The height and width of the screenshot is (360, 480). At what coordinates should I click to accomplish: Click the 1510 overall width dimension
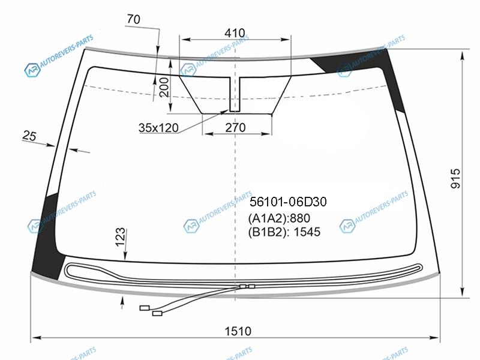coord(238,331)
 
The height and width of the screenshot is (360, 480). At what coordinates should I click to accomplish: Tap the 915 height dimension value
coord(456,178)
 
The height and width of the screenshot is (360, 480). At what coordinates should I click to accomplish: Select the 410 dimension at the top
coord(235,33)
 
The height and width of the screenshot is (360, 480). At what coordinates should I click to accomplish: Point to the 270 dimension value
coord(235,127)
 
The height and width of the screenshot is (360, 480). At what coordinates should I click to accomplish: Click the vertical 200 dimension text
coord(164,87)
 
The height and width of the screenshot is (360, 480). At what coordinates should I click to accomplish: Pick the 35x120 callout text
coord(158,128)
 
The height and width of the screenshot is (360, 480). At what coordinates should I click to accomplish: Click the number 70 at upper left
coord(133,19)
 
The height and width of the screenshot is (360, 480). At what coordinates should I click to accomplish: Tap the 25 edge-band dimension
coord(29,136)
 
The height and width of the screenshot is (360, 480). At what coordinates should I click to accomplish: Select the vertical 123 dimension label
coord(121,236)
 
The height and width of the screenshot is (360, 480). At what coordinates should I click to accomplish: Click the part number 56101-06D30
coord(288,202)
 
